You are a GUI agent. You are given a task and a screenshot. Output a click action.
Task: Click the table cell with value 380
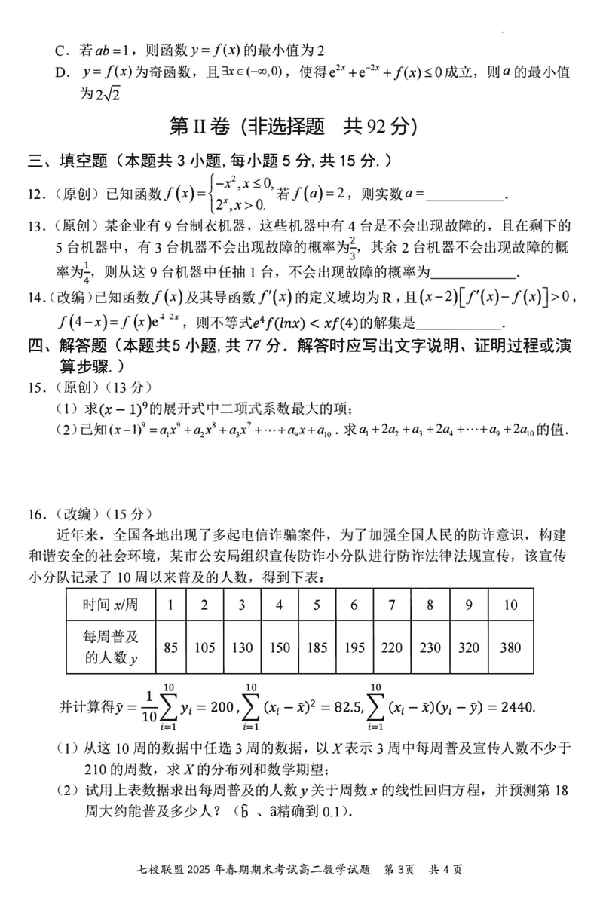[510, 647]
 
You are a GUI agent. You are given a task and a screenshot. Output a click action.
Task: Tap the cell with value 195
[354, 647]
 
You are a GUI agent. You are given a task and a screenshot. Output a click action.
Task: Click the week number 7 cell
[391, 605]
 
